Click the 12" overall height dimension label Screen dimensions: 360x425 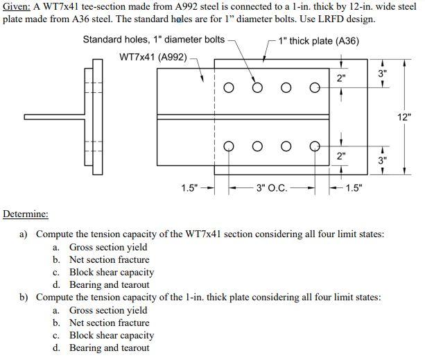(x=405, y=117)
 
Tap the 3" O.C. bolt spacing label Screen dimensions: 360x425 (x=272, y=187)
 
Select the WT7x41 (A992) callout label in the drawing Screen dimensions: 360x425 (x=153, y=57)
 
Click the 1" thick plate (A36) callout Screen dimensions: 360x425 (x=318, y=41)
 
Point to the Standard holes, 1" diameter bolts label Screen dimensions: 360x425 (x=153, y=40)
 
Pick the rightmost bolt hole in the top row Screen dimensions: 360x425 (x=315, y=88)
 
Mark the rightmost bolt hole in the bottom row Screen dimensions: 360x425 (x=315, y=146)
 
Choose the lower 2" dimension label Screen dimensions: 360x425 (x=340, y=156)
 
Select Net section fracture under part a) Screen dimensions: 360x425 (x=109, y=260)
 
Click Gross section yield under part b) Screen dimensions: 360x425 (x=107, y=310)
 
